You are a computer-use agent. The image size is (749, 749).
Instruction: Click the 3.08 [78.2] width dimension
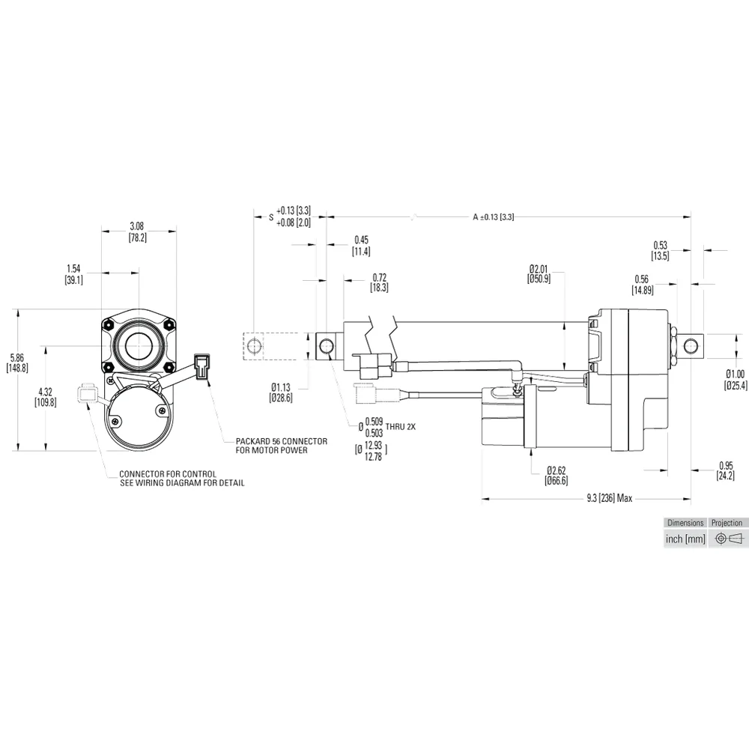(x=137, y=231)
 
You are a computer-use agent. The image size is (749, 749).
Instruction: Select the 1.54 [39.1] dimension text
(x=73, y=273)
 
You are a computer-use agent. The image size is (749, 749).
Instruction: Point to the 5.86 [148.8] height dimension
(x=16, y=363)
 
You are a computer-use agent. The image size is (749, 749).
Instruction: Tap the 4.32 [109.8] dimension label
(x=45, y=396)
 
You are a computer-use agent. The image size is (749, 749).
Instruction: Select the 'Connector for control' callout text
(x=182, y=479)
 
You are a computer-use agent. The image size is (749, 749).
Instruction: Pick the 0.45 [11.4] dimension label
(x=361, y=246)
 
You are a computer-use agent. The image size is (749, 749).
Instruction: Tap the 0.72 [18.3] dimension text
(x=379, y=282)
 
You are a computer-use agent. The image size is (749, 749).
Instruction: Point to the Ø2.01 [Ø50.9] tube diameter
(x=539, y=273)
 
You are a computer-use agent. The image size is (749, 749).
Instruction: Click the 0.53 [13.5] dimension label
(x=660, y=250)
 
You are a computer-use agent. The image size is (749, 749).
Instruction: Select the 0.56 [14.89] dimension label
(x=642, y=285)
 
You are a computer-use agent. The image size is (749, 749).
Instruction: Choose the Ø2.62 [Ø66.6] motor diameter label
(x=557, y=476)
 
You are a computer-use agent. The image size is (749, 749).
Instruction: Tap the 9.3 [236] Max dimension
(x=610, y=498)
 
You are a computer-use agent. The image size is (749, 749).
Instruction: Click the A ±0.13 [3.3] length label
(x=493, y=216)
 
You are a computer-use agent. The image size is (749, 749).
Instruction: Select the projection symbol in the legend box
(x=727, y=539)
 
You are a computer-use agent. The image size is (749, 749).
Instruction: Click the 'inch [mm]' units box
(x=685, y=539)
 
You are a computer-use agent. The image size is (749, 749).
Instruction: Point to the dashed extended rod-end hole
(x=255, y=346)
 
